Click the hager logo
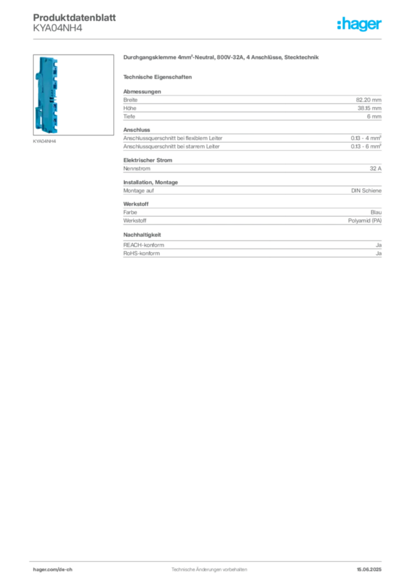[x=359, y=24]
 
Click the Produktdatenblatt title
[x=74, y=18]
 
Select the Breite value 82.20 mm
[x=368, y=100]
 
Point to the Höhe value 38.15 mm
[x=369, y=108]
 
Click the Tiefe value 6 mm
[x=374, y=116]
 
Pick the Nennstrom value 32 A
[x=375, y=169]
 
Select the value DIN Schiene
[x=366, y=191]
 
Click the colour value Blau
[x=376, y=212]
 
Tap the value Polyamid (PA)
[x=364, y=221]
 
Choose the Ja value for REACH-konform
[x=379, y=245]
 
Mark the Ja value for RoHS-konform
[x=379, y=254]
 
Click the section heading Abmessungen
[x=142, y=91]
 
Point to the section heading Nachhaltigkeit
[x=142, y=235]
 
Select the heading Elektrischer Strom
[x=148, y=160]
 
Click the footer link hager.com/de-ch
[x=53, y=570]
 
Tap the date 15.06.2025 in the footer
[x=369, y=570]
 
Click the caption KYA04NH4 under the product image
[x=44, y=141]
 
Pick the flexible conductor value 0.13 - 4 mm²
[x=366, y=138]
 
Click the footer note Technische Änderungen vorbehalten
[x=209, y=570]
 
